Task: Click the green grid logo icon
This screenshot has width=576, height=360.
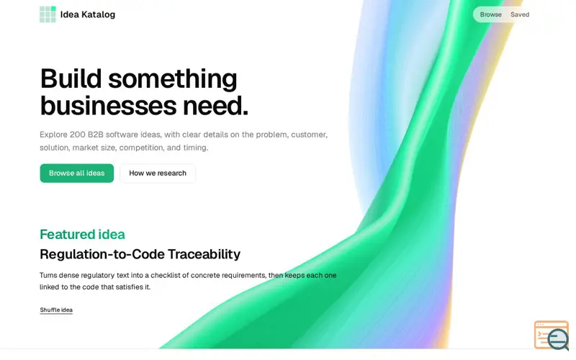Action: tap(48, 14)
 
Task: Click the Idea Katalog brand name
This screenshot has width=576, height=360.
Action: tap(87, 14)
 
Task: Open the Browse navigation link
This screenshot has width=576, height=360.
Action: tap(491, 14)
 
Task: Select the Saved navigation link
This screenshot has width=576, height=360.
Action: tap(520, 14)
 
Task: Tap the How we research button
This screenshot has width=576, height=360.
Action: tap(158, 173)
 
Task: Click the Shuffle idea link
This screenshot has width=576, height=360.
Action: tap(56, 310)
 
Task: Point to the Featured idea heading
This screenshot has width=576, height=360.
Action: tap(82, 235)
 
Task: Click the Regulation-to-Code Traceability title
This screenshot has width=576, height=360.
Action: tap(140, 254)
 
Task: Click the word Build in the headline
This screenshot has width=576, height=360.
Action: tap(71, 78)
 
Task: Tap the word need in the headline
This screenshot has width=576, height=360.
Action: tap(215, 106)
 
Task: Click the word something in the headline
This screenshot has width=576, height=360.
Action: tap(173, 79)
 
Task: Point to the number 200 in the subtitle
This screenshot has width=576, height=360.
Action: tap(78, 135)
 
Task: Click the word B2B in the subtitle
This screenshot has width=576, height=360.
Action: tap(96, 135)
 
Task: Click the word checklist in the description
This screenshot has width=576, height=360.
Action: tap(168, 275)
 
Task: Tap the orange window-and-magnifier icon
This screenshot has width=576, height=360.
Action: tap(552, 336)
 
